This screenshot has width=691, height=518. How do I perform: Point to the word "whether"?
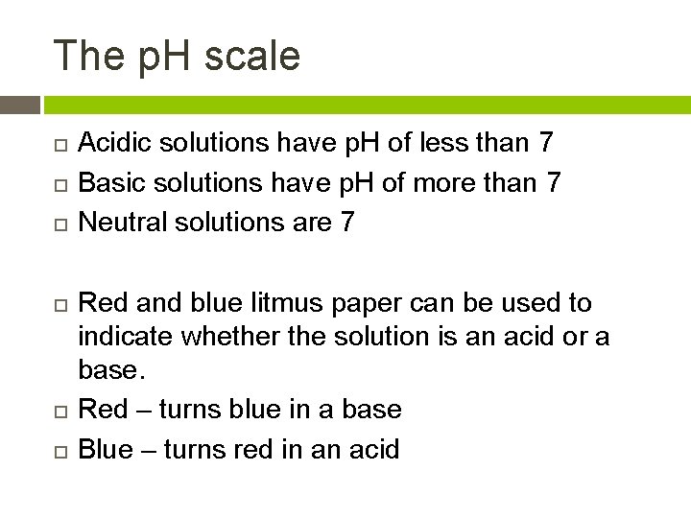[248, 337]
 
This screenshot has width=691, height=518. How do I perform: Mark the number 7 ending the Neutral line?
[347, 222]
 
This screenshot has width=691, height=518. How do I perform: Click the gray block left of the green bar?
[20, 105]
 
